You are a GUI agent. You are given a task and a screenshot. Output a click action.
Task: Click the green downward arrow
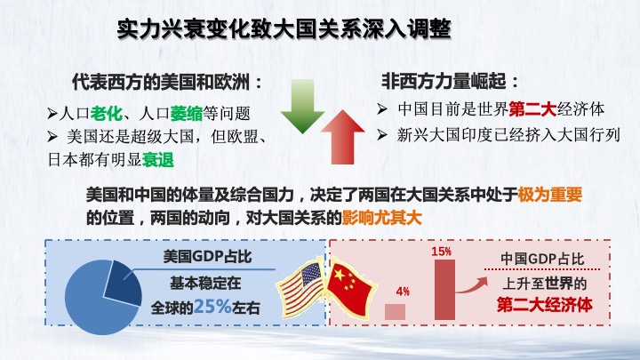coord(302,106)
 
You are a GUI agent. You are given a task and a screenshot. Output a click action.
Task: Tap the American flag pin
coord(300,287)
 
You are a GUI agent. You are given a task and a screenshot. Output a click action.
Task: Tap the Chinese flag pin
coord(350,287)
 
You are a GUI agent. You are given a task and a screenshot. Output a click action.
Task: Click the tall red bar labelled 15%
coord(444,290)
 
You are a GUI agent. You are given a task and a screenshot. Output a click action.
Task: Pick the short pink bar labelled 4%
coord(395,312)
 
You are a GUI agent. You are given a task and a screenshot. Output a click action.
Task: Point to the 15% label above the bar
coord(441,252)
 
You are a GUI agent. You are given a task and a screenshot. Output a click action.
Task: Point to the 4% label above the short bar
coord(403,292)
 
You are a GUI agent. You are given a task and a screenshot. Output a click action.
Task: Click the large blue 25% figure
coord(213,306)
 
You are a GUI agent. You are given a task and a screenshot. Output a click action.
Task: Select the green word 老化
coord(106,114)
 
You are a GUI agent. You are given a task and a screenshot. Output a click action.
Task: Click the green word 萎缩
coord(186,114)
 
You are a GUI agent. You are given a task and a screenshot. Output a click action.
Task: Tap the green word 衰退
coord(158,160)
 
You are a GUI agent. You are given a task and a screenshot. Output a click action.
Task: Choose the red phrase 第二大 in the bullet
coord(533,109)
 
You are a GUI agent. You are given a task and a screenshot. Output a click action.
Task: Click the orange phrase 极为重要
coord(550,195)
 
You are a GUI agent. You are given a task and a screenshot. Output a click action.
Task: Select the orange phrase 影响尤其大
coord(381,218)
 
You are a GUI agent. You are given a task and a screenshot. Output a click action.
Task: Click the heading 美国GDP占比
coord(207,257)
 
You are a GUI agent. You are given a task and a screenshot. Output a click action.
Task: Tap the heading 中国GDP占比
coord(542,259)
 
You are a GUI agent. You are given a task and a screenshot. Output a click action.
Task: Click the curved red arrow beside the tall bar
coord(471,285)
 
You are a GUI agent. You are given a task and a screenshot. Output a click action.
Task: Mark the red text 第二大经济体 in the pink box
coord(545,305)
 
